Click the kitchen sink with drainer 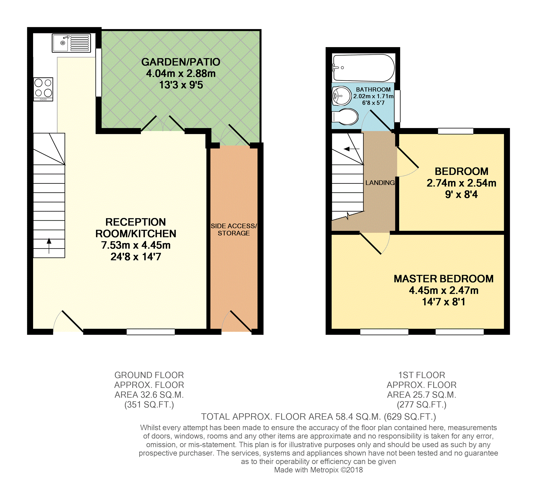(71, 43)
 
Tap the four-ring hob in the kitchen (43, 89)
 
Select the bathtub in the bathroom (364, 68)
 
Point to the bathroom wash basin (342, 96)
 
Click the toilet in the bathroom (345, 117)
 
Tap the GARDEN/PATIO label (181, 62)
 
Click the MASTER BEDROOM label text (444, 279)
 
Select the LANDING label (380, 183)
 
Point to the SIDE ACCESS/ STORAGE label (234, 229)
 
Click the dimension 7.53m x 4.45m (136, 245)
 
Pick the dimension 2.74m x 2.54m (461, 183)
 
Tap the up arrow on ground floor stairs (49, 246)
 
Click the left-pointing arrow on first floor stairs (351, 149)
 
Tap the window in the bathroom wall (397, 106)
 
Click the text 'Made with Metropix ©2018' (318, 470)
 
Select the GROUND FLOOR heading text (149, 375)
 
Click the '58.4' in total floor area (344, 416)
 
